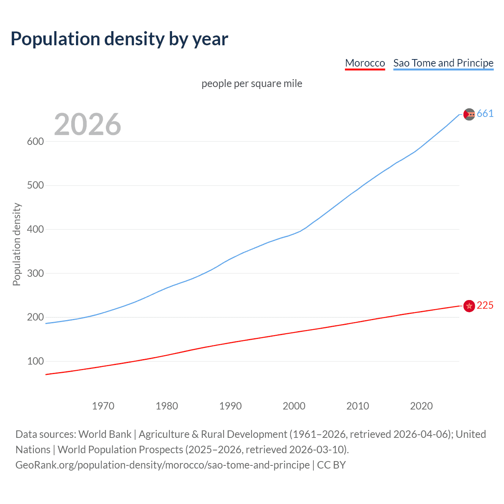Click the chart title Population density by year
[119, 39]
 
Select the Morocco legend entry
[365, 63]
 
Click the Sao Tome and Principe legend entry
[443, 63]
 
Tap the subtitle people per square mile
[252, 83]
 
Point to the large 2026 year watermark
[87, 124]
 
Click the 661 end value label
[485, 114]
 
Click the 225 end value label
[485, 306]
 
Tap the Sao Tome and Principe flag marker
[469, 114]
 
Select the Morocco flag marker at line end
[469, 306]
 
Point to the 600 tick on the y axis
[35, 141]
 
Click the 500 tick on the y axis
[35, 185]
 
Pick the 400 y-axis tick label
[35, 229]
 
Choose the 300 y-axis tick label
[35, 273]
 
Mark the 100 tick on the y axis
[35, 361]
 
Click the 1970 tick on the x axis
[103, 406]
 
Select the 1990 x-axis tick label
[230, 406]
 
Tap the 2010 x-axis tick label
[358, 406]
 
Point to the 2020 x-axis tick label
[421, 406]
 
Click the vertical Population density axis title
[17, 244]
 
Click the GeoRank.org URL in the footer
[162, 465]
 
